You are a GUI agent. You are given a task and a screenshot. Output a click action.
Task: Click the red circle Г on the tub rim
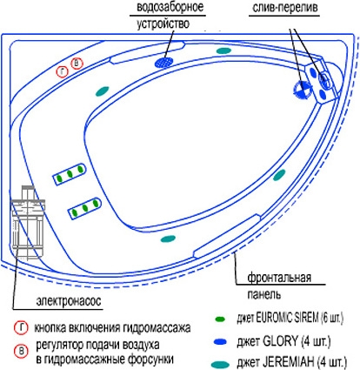tap(63, 71)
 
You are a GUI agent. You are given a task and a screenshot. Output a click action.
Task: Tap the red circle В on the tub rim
tap(77, 64)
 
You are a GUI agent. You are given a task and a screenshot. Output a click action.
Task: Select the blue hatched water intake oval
tap(164, 62)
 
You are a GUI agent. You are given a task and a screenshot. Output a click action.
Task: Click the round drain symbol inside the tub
tap(302, 89)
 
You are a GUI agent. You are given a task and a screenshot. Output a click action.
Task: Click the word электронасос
tap(69, 301)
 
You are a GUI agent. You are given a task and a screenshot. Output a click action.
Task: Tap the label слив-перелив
tap(285, 8)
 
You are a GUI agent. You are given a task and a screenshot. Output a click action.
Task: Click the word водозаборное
tap(170, 7)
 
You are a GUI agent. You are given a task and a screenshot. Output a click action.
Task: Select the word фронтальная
tap(279, 278)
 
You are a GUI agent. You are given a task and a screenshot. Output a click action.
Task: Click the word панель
tap(263, 294)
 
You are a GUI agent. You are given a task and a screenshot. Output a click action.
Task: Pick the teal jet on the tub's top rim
tap(223, 50)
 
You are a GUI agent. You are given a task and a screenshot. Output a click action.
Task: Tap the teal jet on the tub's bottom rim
tap(168, 239)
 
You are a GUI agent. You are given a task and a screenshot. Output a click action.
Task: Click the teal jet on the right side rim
tap(279, 175)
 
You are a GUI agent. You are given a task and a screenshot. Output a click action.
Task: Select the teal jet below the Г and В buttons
tap(102, 91)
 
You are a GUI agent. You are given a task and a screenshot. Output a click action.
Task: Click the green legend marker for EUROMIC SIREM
tap(220, 320)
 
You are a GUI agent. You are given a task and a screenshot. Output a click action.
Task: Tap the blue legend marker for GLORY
tap(220, 342)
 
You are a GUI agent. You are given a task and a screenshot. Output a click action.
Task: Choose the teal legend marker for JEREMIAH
tap(220, 364)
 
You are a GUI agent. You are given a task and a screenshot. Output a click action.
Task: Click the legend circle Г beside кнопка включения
tap(21, 328)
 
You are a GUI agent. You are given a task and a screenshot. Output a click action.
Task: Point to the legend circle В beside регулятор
tap(21, 352)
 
